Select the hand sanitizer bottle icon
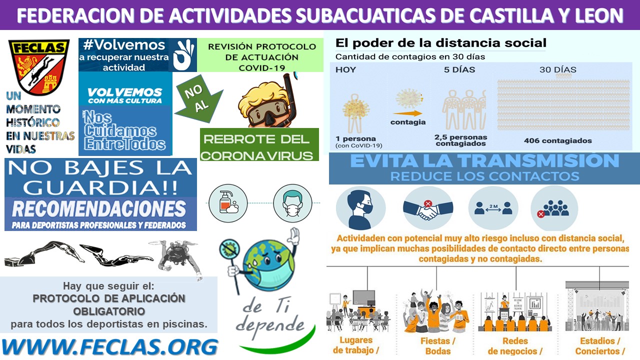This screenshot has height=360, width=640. tap(228, 203)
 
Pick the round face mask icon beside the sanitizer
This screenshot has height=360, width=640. tap(292, 203)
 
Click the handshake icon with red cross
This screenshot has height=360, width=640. tap(428, 208)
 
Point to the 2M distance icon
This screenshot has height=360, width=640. tap(493, 208)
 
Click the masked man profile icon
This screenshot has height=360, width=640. tap(360, 208)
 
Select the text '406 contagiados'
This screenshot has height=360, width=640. tap(557, 141)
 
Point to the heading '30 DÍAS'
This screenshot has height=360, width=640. tap(557, 70)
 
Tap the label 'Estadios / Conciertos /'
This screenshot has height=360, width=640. tap(597, 345)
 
